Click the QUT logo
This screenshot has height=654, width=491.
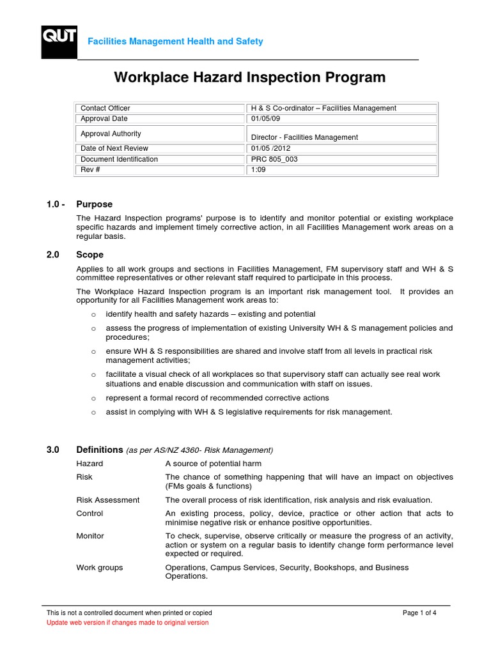(59, 42)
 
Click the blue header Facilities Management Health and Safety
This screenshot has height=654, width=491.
(175, 42)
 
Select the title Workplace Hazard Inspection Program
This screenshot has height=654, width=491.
(249, 77)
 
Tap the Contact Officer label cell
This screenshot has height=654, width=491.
(105, 108)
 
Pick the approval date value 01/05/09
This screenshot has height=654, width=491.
(266, 118)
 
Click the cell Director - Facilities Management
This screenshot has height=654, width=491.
(304, 137)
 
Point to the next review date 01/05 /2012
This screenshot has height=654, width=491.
(271, 149)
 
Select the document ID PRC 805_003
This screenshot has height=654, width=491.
(274, 159)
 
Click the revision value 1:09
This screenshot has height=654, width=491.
(258, 170)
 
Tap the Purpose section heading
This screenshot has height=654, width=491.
(94, 204)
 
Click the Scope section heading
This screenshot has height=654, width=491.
(90, 254)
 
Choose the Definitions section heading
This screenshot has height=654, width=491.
(99, 450)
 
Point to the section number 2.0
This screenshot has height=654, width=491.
(52, 254)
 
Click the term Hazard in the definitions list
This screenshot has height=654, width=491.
(90, 464)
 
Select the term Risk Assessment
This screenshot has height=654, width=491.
(107, 500)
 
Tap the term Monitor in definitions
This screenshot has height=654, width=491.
(90, 536)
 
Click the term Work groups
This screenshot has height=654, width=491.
(100, 567)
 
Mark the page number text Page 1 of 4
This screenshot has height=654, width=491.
(419, 613)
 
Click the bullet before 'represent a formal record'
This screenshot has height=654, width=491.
(93, 399)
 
